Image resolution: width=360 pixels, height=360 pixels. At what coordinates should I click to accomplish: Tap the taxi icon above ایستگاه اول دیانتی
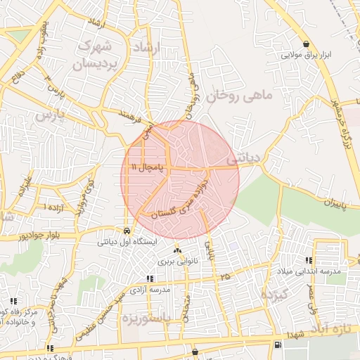126,231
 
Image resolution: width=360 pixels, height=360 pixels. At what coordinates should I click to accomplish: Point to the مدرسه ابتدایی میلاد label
313,271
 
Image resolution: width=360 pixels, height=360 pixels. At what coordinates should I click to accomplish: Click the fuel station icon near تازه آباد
278,345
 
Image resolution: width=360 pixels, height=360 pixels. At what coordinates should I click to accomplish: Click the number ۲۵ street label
225,277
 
